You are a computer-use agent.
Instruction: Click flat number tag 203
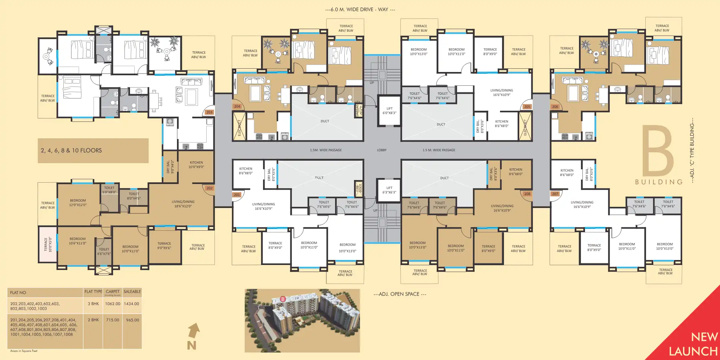(x=209, y=112)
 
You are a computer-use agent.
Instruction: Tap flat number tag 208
(x=527, y=194)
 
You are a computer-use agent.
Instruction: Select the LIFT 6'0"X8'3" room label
(x=389, y=111)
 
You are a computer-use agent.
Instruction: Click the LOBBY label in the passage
(x=382, y=150)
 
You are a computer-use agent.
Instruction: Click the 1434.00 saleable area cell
(x=132, y=304)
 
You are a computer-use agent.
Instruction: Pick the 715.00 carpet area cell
(x=113, y=320)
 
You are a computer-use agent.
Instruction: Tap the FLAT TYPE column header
(x=93, y=292)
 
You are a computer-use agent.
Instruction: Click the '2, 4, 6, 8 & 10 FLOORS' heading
(x=71, y=151)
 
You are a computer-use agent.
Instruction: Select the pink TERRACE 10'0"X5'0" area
(x=48, y=244)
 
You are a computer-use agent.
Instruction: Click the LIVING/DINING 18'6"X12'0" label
(x=183, y=204)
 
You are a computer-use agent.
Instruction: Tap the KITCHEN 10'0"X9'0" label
(x=196, y=165)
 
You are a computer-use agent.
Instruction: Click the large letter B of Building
(x=658, y=152)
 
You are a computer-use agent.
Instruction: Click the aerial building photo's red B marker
(x=283, y=299)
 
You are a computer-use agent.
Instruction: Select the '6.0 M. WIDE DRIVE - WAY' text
(x=360, y=10)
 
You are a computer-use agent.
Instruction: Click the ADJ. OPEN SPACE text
(x=400, y=294)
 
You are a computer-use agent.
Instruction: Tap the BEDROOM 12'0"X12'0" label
(x=78, y=203)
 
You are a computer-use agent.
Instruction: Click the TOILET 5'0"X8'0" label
(x=109, y=190)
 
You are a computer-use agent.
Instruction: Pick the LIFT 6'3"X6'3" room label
(x=389, y=190)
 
